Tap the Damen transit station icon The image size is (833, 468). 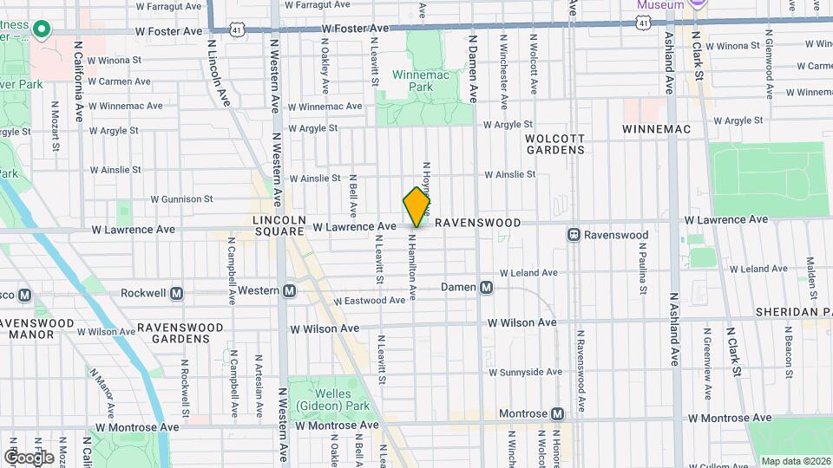click(x=487, y=288)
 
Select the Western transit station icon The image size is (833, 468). click(x=289, y=291)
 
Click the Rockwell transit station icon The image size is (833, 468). click(x=177, y=293)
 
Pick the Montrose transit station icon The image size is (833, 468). click(x=558, y=413)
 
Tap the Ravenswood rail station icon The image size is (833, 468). click(x=574, y=235)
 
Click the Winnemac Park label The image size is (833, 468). click(x=421, y=81)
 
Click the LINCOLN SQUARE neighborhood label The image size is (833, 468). click(x=279, y=225)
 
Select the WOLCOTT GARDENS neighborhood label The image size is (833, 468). click(x=555, y=144)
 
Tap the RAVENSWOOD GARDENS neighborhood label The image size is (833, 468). click(x=174, y=333)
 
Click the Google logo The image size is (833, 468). click(x=29, y=457)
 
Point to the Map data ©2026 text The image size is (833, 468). click(x=794, y=461)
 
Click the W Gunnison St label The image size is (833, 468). click(x=175, y=198)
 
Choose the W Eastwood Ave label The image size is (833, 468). click(x=371, y=301)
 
